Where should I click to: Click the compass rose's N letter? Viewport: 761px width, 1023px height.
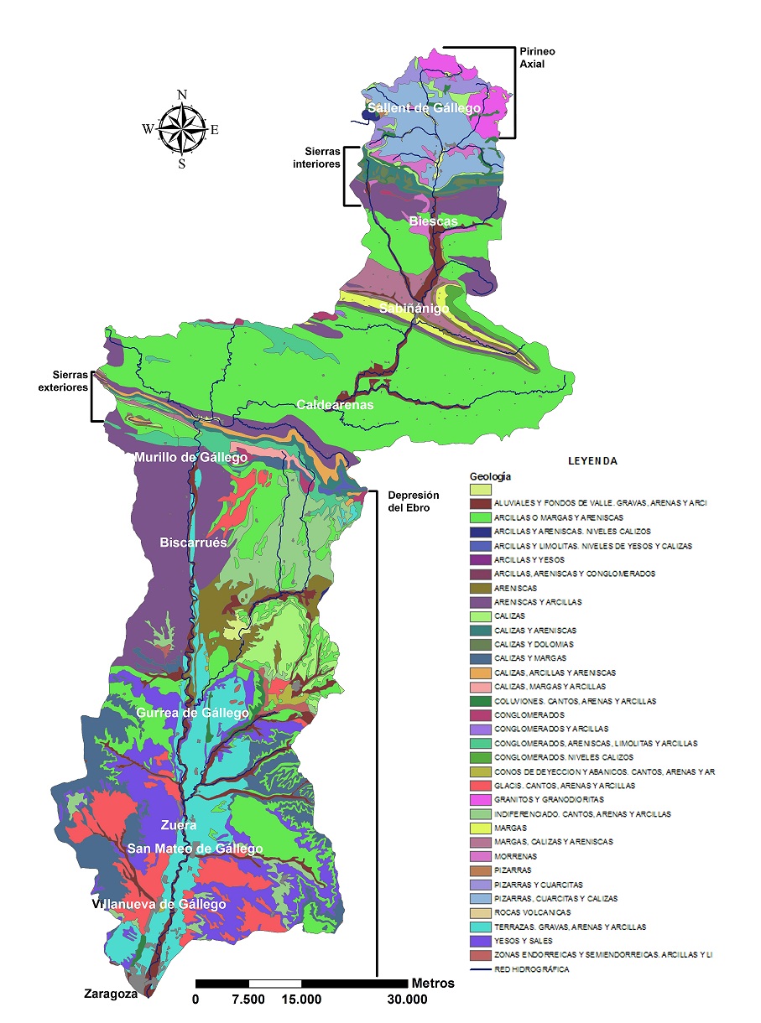[x=182, y=95]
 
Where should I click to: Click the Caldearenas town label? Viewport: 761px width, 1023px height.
[x=335, y=405]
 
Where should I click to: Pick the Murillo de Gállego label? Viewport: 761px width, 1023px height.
[x=190, y=458]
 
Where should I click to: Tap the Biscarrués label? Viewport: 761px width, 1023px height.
[x=194, y=543]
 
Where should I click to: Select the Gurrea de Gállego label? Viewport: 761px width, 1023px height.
[x=193, y=713]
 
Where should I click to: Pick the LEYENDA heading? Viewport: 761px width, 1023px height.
[x=592, y=461]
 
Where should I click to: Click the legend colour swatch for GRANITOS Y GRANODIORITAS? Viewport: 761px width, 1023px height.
[x=479, y=800]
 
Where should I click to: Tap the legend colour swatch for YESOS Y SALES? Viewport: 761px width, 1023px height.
[x=479, y=941]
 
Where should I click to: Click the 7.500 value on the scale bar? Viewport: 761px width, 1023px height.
[x=248, y=1000]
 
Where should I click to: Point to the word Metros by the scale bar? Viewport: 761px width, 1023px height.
[x=433, y=983]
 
